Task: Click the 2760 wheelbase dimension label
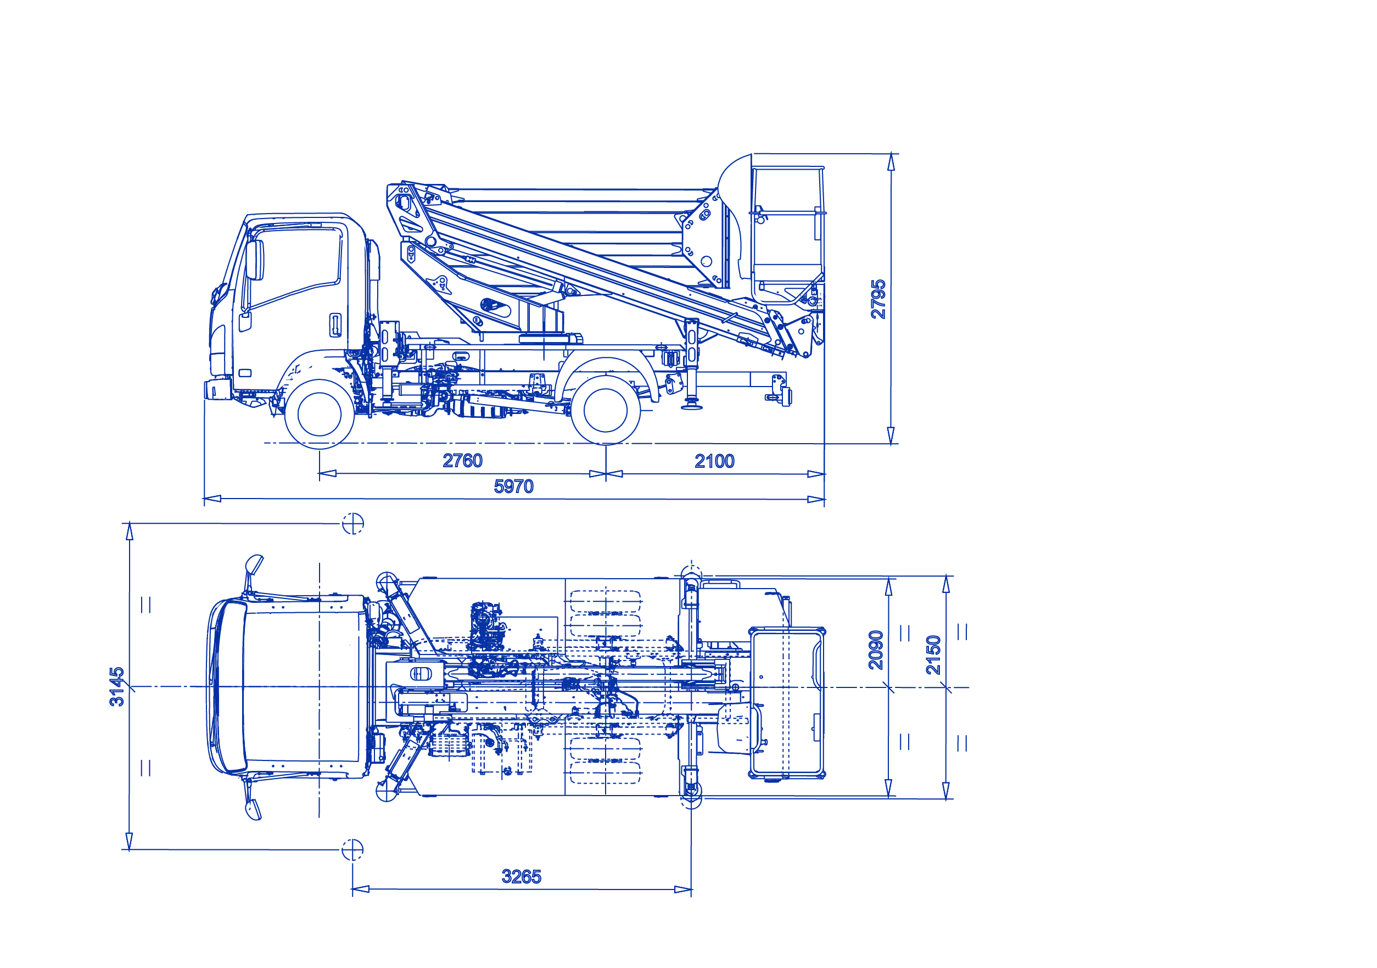coord(462,461)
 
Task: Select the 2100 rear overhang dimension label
coord(714,461)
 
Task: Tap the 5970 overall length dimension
coord(513,486)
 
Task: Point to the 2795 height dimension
coord(878,299)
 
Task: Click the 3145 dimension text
coord(117,686)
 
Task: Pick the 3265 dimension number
coord(521,877)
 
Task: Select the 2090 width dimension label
coord(876,650)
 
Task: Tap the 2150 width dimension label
coord(933,655)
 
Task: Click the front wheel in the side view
coord(319,414)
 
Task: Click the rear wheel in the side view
coord(605,410)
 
